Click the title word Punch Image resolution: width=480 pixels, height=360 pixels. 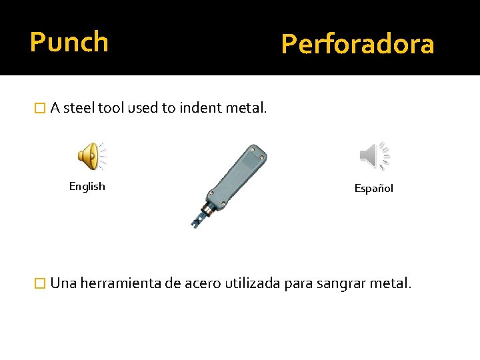[69, 42]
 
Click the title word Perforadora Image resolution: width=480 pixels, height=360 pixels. [357, 45]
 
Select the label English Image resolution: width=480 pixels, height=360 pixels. [87, 187]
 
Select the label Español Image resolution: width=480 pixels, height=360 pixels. [374, 189]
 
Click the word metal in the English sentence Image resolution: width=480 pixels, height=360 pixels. [246, 109]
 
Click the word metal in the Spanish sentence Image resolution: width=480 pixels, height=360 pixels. [391, 283]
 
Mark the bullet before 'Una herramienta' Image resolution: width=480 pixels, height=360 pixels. [40, 283]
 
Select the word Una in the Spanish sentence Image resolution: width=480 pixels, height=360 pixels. [63, 283]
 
